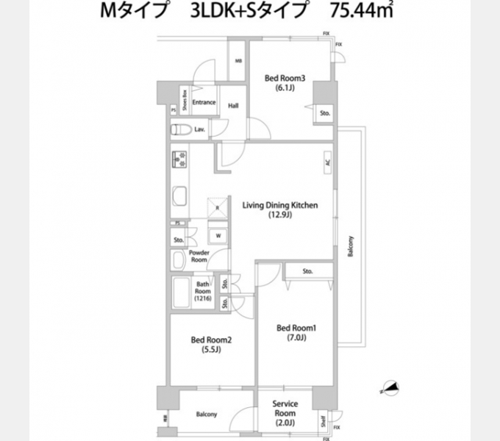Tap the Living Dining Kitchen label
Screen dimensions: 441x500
(x=280, y=210)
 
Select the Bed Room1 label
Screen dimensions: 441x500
(x=296, y=332)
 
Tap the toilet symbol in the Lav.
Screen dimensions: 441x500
(x=179, y=130)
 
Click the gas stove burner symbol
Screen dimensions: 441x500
(x=179, y=159)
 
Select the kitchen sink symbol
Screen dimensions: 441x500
(x=180, y=196)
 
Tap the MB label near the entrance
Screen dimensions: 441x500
(x=238, y=61)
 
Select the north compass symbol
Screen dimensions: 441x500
(x=389, y=388)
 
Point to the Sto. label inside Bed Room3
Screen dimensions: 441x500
(x=324, y=113)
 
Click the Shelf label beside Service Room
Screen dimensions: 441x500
(x=323, y=421)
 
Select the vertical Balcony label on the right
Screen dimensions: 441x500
(x=351, y=245)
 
